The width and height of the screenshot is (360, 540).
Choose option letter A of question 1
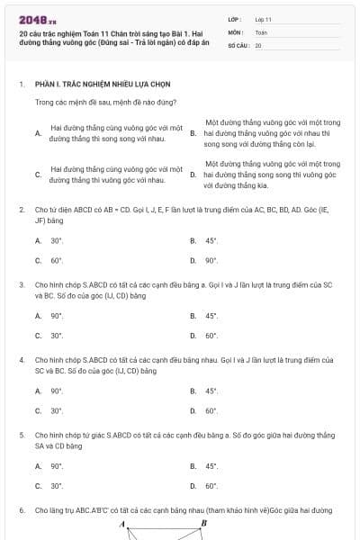[38, 132]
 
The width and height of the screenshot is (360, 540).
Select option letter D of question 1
[193, 175]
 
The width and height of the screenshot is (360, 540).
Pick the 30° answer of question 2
[57, 240]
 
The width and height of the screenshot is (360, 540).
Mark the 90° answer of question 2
[211, 260]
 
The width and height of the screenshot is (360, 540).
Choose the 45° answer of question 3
[211, 316]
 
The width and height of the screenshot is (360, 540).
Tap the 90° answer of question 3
[57, 316]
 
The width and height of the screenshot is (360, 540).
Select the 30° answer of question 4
[57, 410]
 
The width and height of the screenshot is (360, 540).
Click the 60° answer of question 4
[211, 410]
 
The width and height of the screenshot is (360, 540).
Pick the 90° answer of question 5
[57, 466]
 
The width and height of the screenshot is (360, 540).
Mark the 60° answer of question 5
[211, 486]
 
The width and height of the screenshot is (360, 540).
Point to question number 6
[21, 509]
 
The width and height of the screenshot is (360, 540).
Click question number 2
[21, 209]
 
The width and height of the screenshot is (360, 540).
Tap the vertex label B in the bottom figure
[203, 523]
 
